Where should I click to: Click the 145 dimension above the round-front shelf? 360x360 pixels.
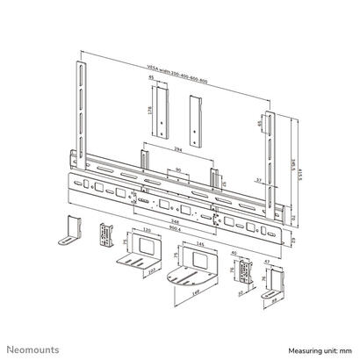click(204, 242)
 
